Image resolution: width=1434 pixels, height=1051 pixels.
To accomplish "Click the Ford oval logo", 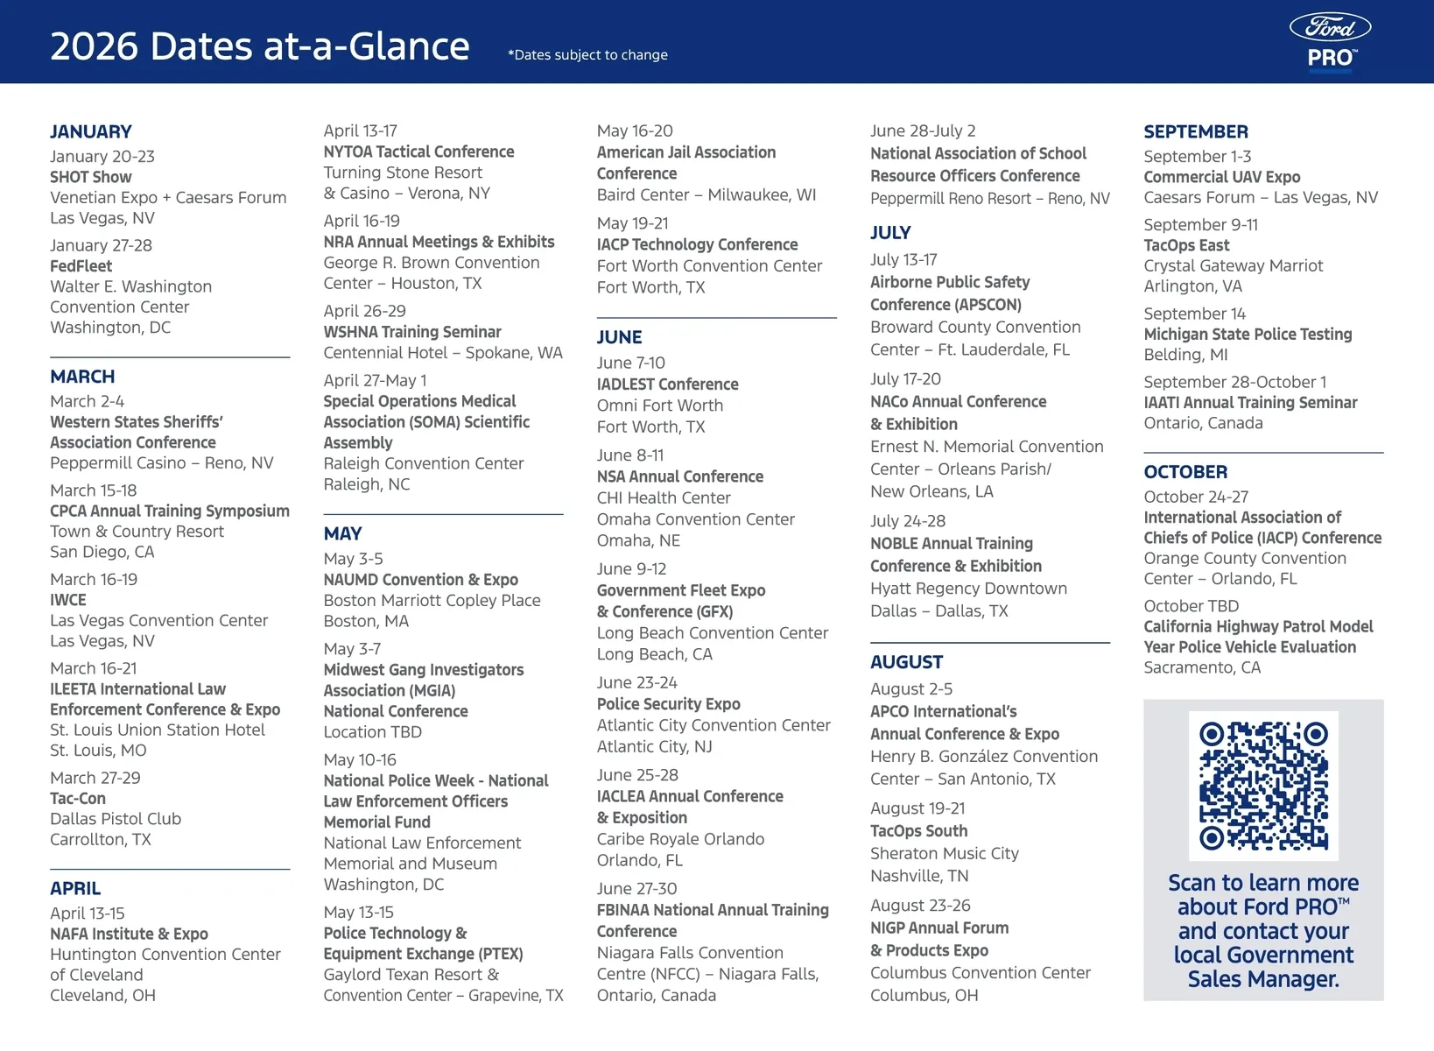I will (x=1330, y=28).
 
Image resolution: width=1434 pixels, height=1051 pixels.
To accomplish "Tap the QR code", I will (x=1263, y=786).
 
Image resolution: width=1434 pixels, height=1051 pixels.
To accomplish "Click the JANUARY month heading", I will (x=91, y=132).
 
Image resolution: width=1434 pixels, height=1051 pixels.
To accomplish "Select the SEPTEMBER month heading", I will (x=1195, y=132).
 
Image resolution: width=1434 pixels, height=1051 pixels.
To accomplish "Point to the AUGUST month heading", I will (x=906, y=662).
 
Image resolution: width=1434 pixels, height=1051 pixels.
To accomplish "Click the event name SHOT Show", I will (x=91, y=177).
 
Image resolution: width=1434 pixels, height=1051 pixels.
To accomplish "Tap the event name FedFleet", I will (x=81, y=266).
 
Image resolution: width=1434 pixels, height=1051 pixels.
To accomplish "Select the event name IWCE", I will (x=68, y=600).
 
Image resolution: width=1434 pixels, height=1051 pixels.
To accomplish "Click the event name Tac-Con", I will (x=78, y=799).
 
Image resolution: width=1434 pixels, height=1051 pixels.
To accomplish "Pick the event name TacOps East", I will (x=1186, y=245).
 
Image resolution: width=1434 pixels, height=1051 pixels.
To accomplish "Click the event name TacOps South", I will (x=918, y=831).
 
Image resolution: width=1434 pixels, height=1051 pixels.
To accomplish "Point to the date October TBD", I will (x=1191, y=606).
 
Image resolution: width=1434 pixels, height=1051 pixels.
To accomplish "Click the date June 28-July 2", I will (x=923, y=131).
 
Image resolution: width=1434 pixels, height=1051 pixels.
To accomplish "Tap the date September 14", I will (x=1194, y=314).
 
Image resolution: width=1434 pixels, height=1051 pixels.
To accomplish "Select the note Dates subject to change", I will (x=587, y=55).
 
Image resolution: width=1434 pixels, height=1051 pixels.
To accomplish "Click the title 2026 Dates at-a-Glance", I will (x=260, y=46).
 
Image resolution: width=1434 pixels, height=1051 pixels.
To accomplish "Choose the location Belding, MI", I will (x=1185, y=355).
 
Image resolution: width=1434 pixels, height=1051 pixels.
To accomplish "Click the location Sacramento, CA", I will (x=1202, y=667).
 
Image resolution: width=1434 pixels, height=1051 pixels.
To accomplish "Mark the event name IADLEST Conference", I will (x=667, y=384).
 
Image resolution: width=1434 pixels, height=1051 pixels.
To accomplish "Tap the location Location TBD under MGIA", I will (x=372, y=732).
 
